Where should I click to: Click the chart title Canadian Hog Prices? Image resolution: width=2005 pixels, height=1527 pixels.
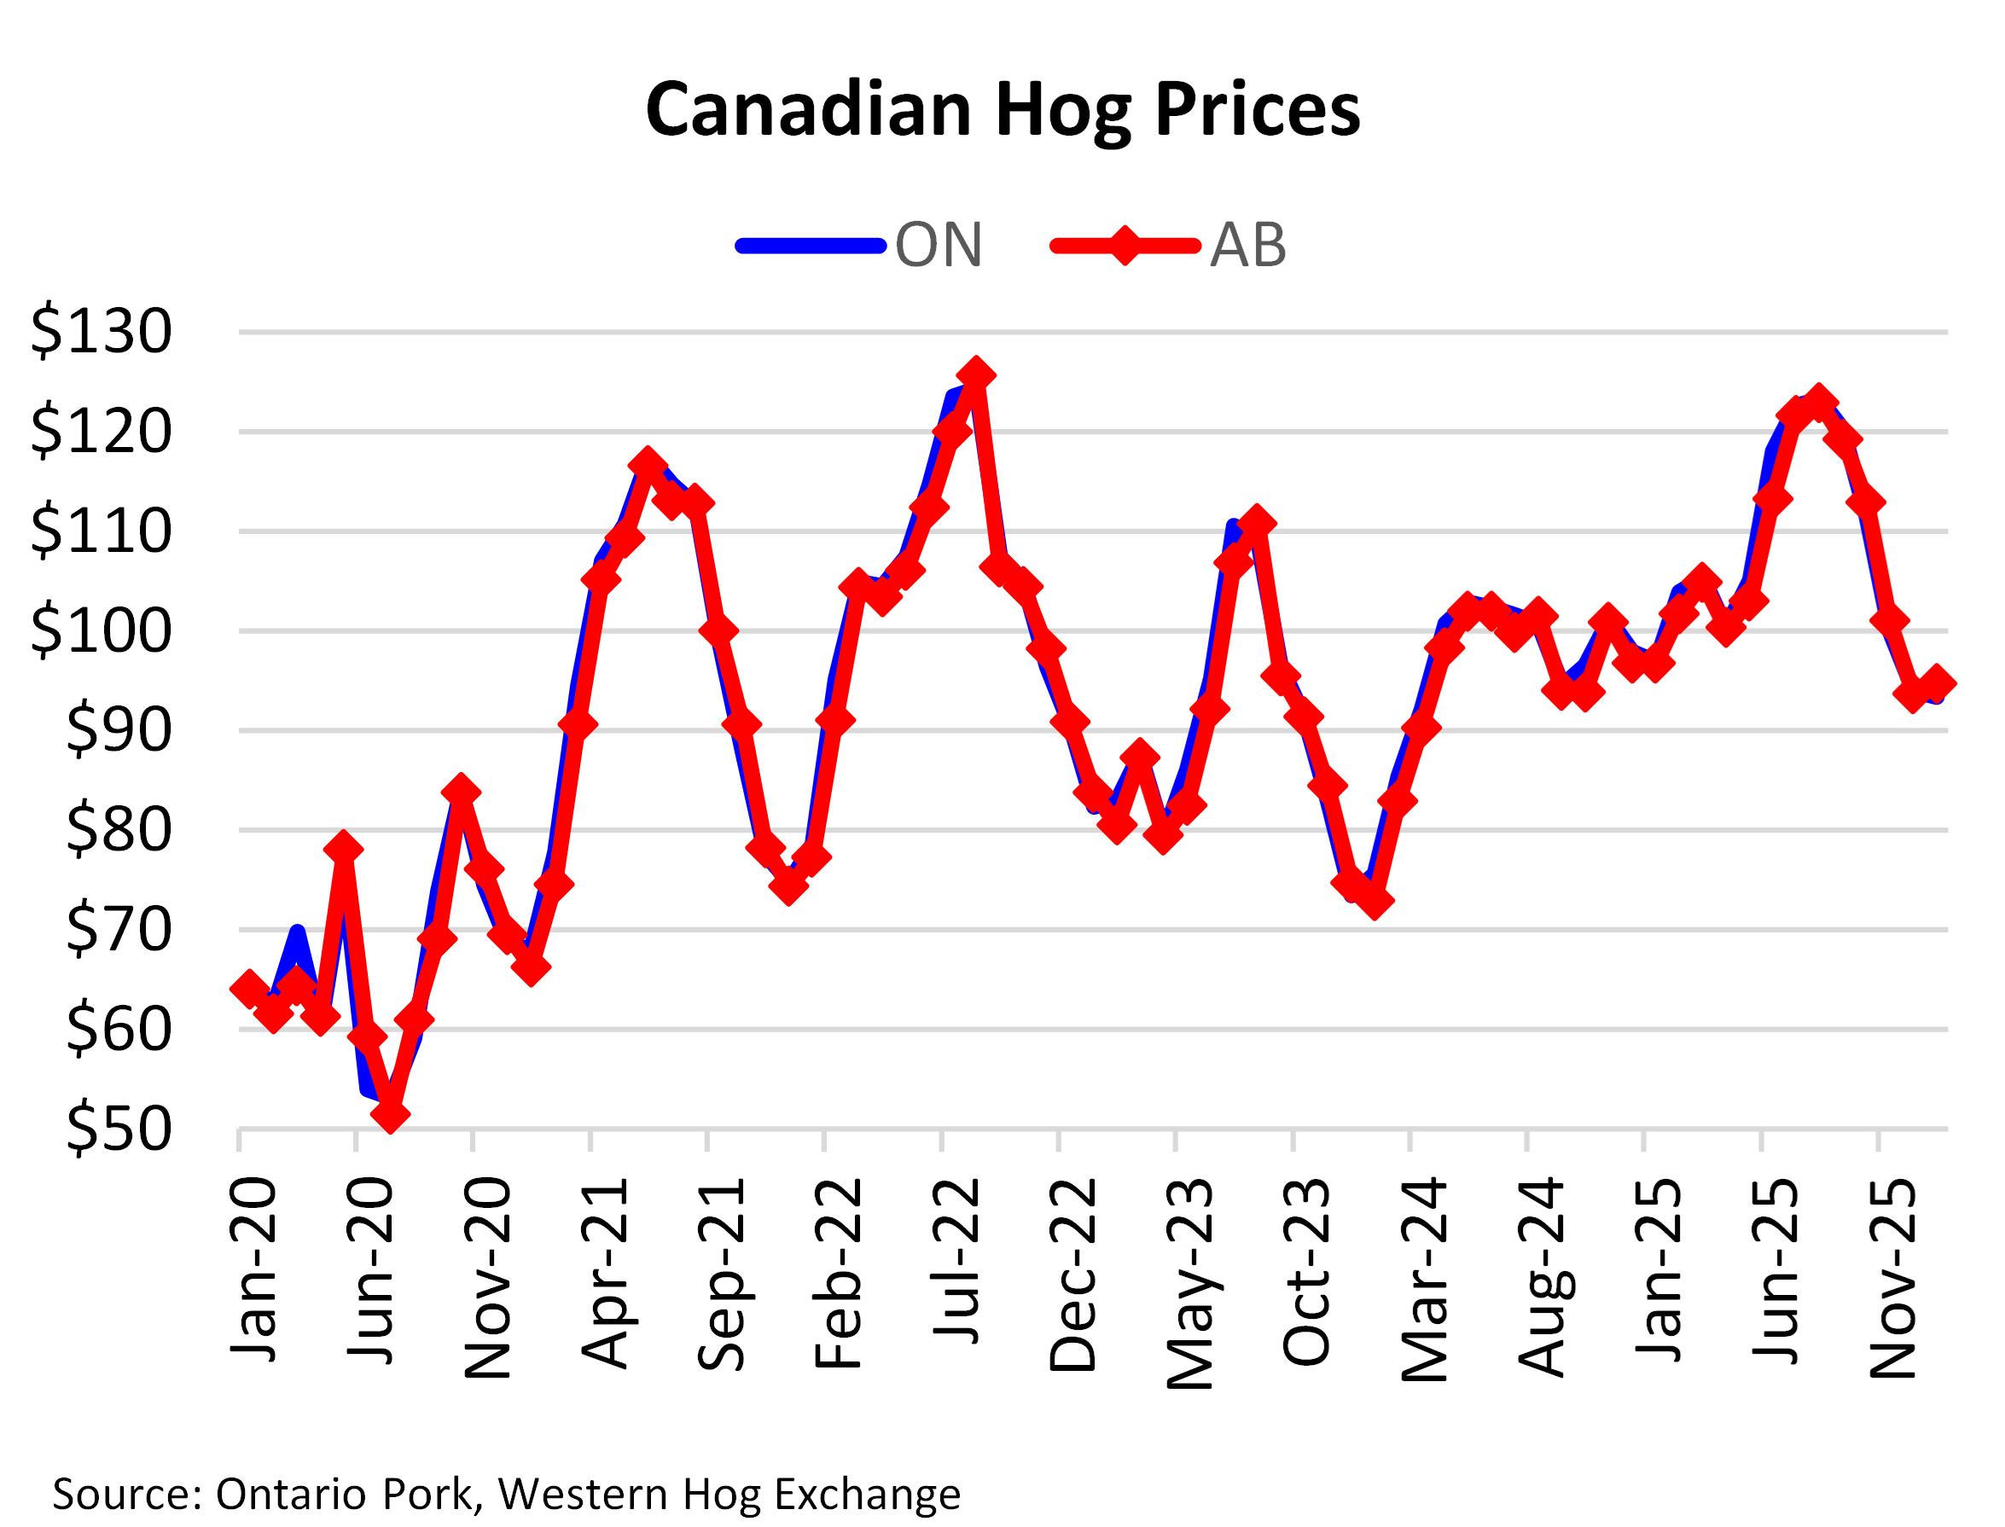coord(1002,109)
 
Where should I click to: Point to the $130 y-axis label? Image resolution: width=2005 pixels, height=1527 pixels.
coord(101,331)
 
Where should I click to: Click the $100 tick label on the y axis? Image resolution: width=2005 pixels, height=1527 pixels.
coord(101,630)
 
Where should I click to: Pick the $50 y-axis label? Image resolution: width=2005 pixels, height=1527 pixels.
coord(118,1128)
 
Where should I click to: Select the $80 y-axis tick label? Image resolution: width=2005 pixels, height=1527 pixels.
coord(118,829)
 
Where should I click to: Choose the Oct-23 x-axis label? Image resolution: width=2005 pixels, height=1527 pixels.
coord(1306,1272)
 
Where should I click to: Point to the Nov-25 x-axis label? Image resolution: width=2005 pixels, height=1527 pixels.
coord(1892,1278)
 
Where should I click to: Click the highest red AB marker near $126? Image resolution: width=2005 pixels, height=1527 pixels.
coord(976,374)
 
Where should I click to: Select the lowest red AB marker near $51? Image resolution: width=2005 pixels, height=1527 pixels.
coord(391,1114)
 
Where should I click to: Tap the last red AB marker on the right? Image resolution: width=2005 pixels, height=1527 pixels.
coord(1937,682)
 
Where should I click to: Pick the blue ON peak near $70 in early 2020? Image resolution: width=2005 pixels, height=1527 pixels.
coord(297,931)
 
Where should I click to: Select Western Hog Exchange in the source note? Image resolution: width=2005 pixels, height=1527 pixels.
coord(729,1494)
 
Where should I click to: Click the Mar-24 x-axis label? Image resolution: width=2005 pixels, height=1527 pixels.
coord(1424,1278)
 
